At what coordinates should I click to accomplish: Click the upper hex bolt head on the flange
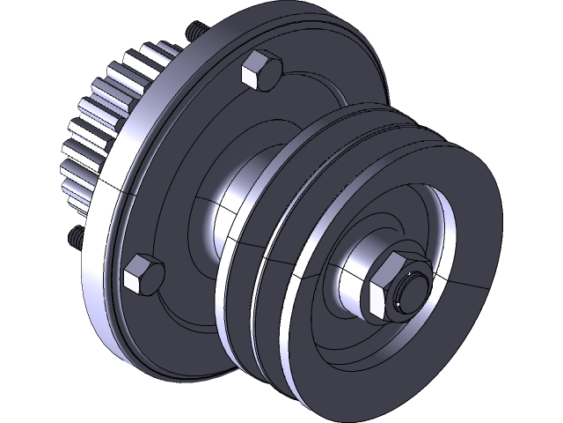[259, 70]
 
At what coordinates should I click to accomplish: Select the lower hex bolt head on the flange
[143, 276]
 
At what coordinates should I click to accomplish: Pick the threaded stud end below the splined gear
[73, 235]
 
